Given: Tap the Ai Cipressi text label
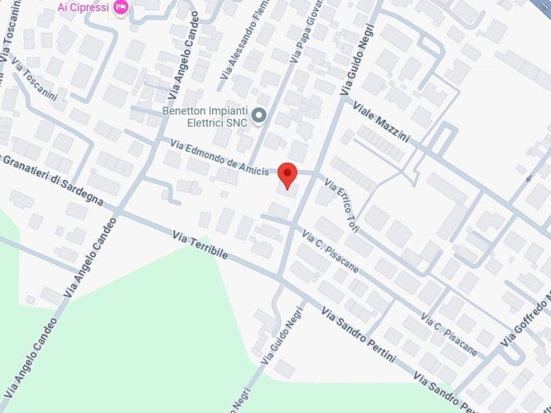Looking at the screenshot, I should click(83, 7).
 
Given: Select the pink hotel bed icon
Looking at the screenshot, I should click(121, 7).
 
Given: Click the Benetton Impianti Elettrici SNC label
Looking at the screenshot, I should click(205, 117).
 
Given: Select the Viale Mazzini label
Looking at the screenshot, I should click(382, 122).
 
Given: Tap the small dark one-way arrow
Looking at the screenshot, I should click(529, 177).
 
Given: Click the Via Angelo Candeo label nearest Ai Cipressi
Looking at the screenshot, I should click(183, 56).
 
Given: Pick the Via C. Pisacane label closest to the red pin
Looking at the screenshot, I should click(330, 251).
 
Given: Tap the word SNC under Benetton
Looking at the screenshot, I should click(237, 123).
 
